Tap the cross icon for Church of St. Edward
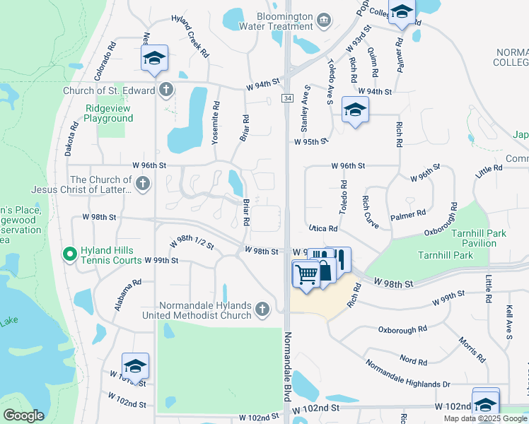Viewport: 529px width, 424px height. pos(165,90)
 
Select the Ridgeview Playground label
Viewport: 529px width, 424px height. pos(109,113)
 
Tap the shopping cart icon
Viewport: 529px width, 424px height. pos(306,273)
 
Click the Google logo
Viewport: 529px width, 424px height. pos(23,416)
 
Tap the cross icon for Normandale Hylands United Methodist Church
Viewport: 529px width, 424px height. pos(262,309)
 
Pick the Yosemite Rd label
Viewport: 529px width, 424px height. pos(216,123)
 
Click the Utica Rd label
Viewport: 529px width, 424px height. pos(322,229)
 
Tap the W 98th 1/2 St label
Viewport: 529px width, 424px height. pos(192,244)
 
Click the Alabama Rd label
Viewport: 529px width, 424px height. pos(128,295)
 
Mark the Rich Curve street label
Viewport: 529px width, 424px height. pos(371,213)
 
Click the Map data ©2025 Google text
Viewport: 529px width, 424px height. pos(485,418)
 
